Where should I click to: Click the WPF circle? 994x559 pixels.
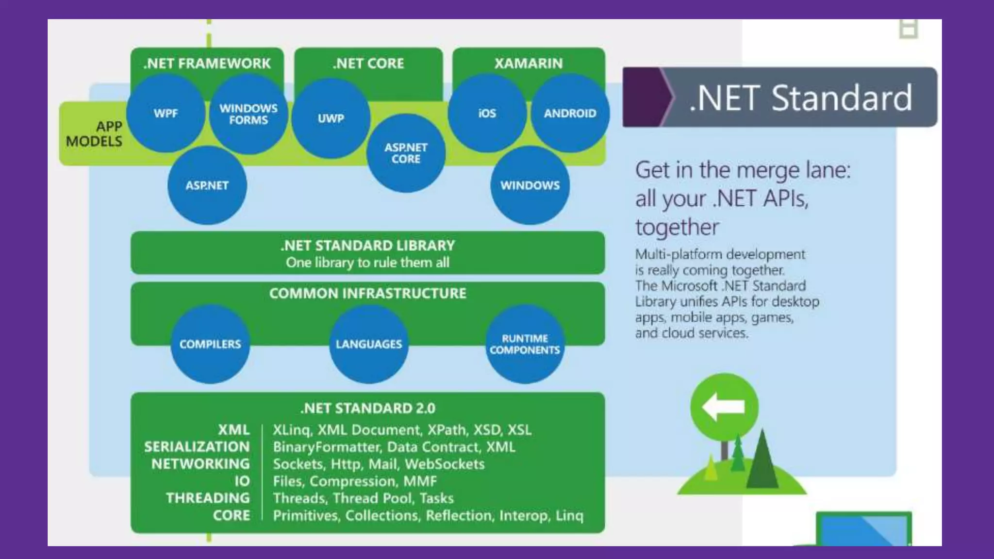(x=166, y=114)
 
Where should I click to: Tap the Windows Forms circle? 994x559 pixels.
(x=248, y=115)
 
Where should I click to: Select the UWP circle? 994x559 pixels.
(x=331, y=118)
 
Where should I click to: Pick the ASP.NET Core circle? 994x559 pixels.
(x=406, y=153)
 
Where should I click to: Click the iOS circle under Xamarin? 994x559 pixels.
(x=487, y=114)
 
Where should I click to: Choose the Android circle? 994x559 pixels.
(x=570, y=114)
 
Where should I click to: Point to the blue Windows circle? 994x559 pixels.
(x=530, y=185)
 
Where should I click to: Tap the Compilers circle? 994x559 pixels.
(x=210, y=344)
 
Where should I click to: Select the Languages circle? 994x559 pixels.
(x=369, y=344)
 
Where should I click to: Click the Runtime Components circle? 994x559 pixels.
(x=525, y=344)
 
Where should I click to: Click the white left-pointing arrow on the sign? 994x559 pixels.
(x=723, y=407)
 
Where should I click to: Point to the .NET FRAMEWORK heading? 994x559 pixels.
(x=207, y=64)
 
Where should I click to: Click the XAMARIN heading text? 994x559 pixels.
(x=529, y=64)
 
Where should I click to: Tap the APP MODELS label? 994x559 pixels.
(x=95, y=134)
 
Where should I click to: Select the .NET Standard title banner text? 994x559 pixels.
(x=800, y=98)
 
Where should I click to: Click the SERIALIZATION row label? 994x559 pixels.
(x=197, y=447)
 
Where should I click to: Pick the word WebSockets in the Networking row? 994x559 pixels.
(x=445, y=464)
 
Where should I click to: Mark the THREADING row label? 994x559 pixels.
(x=208, y=498)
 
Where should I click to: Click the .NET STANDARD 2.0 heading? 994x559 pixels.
(x=368, y=409)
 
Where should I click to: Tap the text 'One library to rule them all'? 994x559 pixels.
(x=367, y=263)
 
